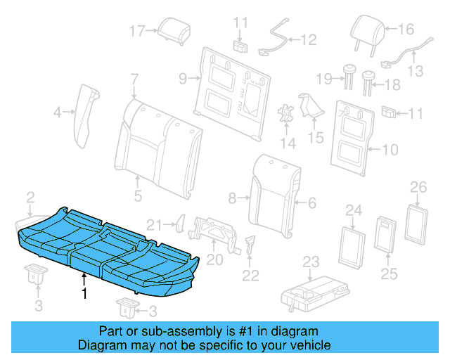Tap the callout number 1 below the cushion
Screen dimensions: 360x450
pyautogui.click(x=84, y=294)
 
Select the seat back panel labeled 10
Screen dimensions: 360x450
pyautogui.click(x=352, y=137)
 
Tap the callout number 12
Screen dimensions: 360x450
pyautogui.click(x=309, y=40)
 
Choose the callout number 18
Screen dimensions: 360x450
pyautogui.click(x=392, y=84)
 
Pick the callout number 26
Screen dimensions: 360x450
pyautogui.click(x=418, y=187)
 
